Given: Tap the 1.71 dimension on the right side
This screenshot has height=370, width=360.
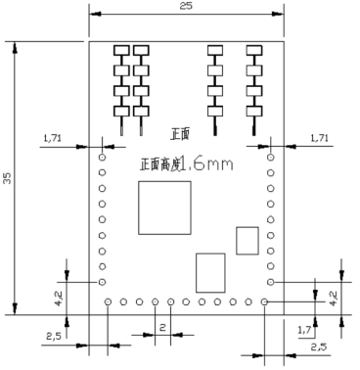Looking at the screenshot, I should coord(319,140).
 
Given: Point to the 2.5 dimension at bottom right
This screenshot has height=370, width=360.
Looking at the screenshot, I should coord(319,347).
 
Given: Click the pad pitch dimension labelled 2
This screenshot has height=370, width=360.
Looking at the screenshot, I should coord(162,325).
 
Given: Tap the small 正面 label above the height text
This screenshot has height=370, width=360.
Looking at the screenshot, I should coord(179,134).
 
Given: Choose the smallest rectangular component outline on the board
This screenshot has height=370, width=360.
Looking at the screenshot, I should coord(247,239).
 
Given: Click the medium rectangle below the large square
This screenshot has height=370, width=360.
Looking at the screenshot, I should coord(210,273).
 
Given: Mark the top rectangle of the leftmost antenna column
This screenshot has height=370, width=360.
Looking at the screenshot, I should coord(122,50).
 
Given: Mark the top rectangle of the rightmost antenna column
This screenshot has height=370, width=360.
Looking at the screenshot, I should coord(254,50).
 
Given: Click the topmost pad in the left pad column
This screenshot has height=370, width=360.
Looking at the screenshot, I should coord(103,155).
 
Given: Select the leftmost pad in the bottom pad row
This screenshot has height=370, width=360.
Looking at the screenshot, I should coord(107,301).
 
